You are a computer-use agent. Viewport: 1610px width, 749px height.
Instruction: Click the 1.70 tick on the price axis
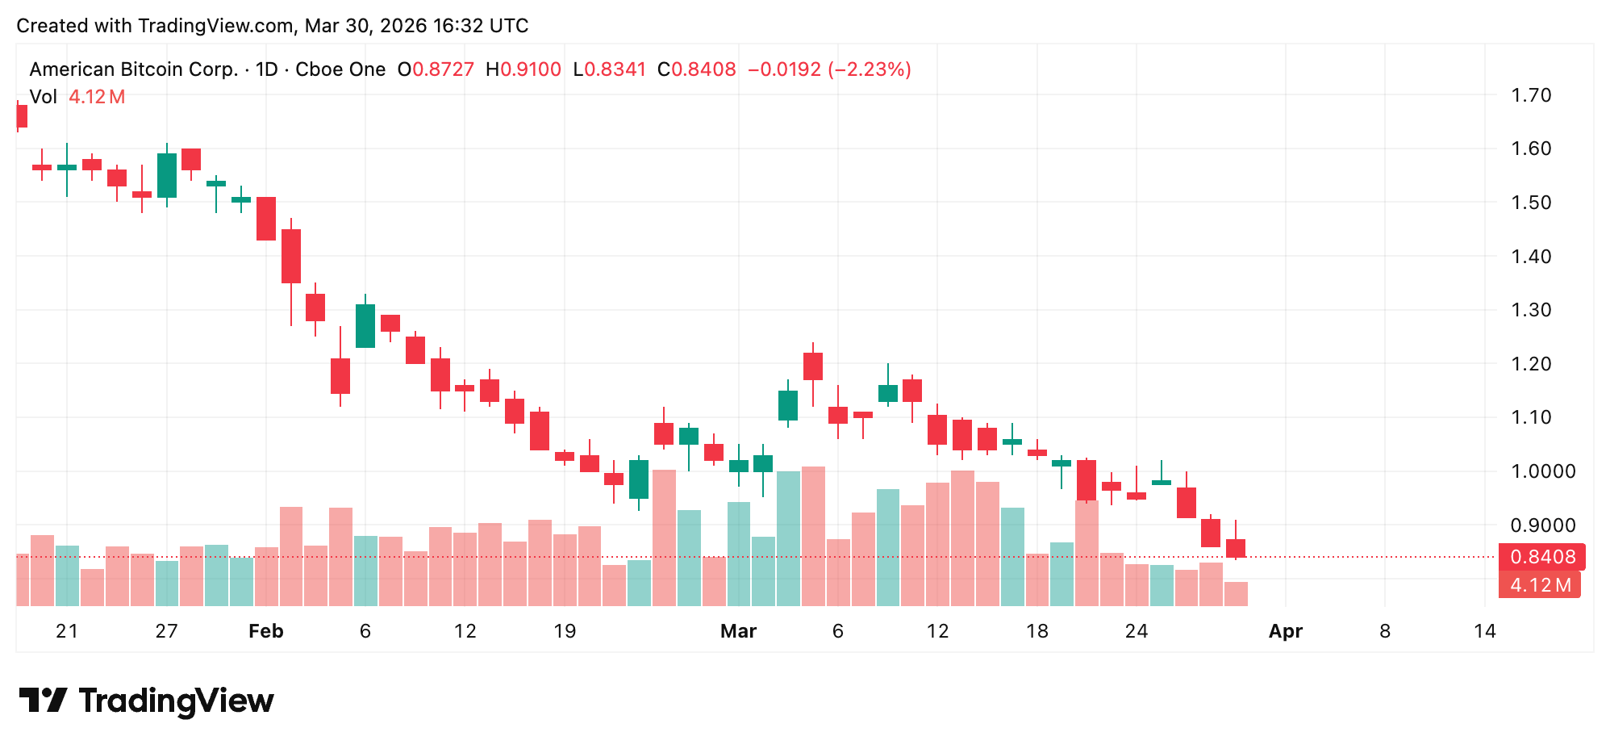coord(1530,95)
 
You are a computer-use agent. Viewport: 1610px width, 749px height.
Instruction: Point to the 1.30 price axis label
coord(1530,310)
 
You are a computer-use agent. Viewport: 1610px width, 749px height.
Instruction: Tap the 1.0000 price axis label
coord(1542,471)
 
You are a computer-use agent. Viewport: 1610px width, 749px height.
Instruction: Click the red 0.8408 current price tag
coord(1542,557)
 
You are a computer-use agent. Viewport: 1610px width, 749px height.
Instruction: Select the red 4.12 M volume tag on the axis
coord(1540,585)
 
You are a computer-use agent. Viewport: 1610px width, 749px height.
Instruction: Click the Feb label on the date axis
coord(265,631)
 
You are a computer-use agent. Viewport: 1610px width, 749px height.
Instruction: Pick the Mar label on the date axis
coord(738,631)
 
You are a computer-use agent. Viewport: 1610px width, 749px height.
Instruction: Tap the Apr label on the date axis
coord(1285,631)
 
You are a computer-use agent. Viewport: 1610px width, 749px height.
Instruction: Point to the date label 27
coord(166,631)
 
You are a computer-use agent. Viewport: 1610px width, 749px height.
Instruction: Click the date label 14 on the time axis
coord(1484,631)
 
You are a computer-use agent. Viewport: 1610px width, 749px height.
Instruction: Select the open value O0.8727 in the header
coord(436,69)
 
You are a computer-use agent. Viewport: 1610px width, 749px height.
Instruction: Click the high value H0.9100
coord(523,69)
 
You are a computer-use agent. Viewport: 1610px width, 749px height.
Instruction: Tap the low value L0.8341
coord(610,69)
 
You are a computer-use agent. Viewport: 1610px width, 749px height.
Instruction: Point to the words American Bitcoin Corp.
coord(134,69)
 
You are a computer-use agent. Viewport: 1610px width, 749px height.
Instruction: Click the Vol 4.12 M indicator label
coord(77,97)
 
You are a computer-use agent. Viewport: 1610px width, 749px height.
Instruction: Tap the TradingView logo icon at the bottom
coord(43,700)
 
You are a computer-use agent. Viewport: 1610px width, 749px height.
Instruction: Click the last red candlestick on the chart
coord(1236,548)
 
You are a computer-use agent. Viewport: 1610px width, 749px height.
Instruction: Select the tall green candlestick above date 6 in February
coord(365,325)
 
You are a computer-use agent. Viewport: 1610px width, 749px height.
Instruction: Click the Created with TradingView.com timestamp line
coord(273,26)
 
